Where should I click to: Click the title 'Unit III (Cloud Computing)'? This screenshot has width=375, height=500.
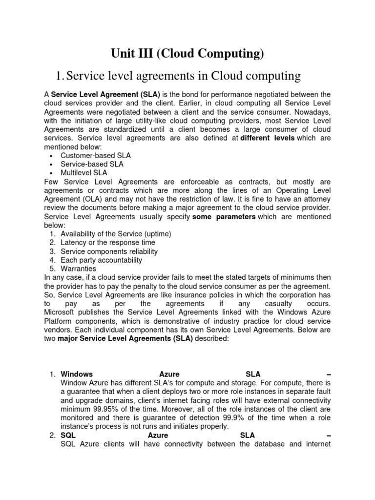pyautogui.click(x=187, y=54)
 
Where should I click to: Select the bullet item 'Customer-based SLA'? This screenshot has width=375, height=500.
pyautogui.click(x=95, y=155)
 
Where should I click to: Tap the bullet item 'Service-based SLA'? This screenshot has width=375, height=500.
pyautogui.click(x=91, y=164)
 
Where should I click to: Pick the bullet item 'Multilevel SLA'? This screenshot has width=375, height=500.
pyautogui.click(x=83, y=173)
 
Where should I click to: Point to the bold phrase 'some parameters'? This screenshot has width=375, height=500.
pyautogui.click(x=224, y=216)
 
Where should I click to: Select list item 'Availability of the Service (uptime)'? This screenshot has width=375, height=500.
pyautogui.click(x=116, y=234)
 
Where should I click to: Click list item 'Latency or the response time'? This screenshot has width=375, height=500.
pyautogui.click(x=108, y=243)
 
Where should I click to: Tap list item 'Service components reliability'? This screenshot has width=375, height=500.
pyautogui.click(x=109, y=251)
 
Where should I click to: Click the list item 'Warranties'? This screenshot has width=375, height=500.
pyautogui.click(x=78, y=269)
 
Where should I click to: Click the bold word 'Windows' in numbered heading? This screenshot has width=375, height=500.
pyautogui.click(x=77, y=374)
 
